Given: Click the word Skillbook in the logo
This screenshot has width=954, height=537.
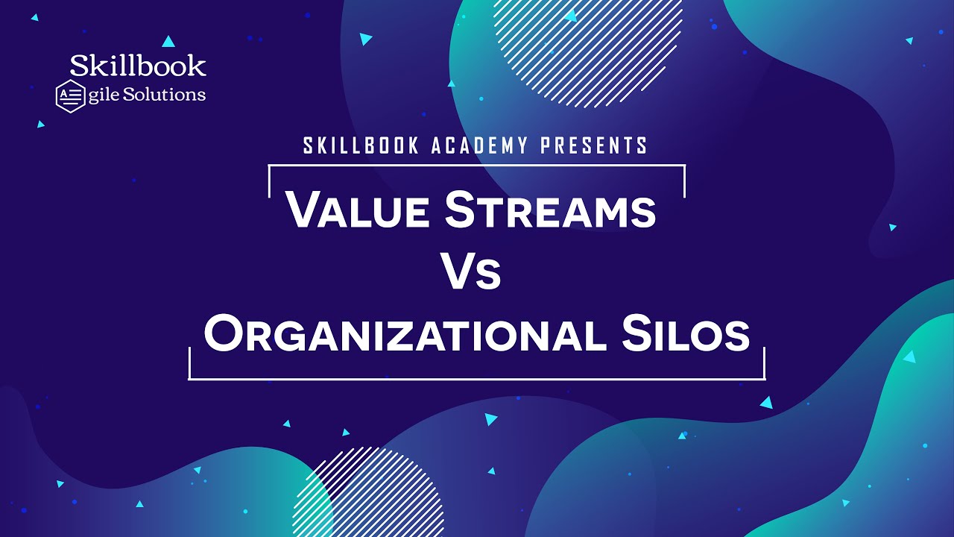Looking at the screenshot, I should tap(138, 66).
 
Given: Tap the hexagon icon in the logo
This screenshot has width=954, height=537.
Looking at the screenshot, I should tap(70, 96).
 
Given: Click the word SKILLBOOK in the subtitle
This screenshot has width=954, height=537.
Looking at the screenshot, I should tap(361, 146).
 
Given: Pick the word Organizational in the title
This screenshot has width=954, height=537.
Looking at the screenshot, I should tap(402, 335).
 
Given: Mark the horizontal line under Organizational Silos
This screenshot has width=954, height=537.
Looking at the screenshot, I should tap(477, 379).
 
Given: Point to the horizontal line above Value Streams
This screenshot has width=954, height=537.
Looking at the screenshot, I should tap(477, 166).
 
